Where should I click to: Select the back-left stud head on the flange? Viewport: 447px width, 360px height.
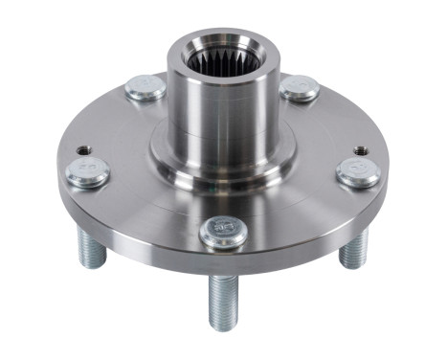(x=145, y=88)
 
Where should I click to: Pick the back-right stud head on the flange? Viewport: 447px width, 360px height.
(x=300, y=88)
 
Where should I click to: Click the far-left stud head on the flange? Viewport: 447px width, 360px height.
(x=88, y=171)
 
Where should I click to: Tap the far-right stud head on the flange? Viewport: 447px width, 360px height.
(x=358, y=171)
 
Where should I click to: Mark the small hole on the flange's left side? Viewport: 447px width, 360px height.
(x=84, y=150)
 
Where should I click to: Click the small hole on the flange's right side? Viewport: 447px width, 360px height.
(x=360, y=150)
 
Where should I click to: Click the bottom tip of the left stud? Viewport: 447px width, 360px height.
(x=91, y=265)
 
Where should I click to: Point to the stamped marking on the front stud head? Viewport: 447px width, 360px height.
(x=224, y=228)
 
